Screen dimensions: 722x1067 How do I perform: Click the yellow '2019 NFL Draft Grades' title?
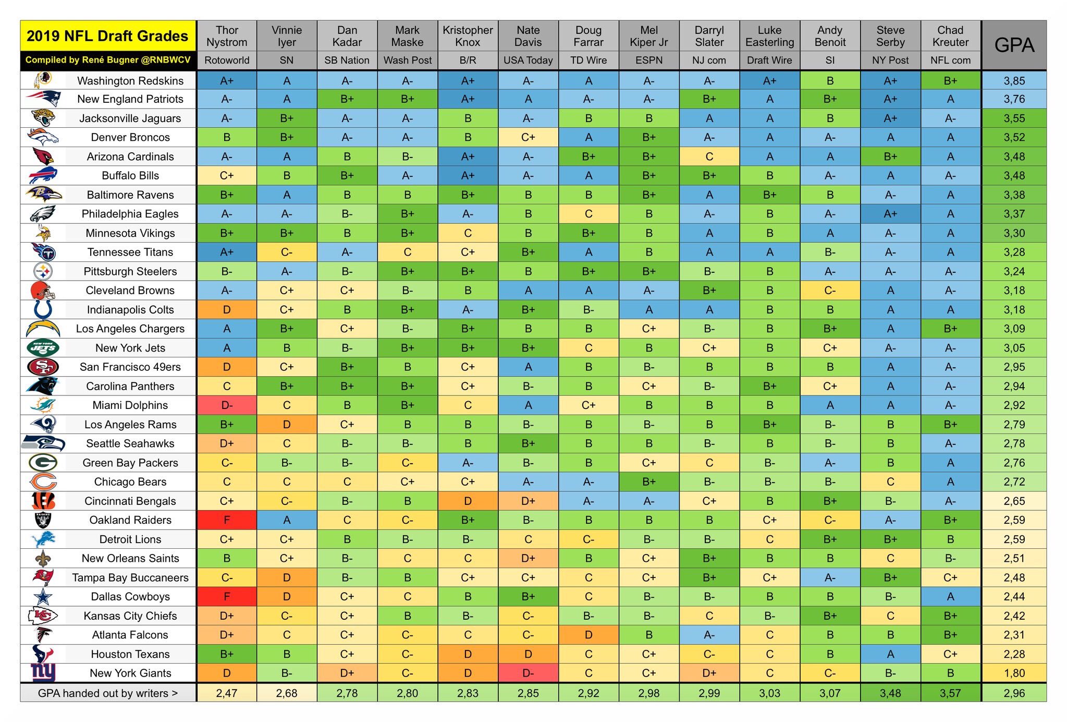tap(107, 36)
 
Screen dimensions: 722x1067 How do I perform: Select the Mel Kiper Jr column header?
tap(648, 36)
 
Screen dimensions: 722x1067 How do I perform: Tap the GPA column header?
tap(1013, 45)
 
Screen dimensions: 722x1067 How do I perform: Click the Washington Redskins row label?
tap(130, 80)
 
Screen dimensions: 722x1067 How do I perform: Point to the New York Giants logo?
tap(43, 672)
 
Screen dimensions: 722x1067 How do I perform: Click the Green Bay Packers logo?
tap(43, 462)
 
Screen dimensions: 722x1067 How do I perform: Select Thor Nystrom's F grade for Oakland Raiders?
tap(227, 520)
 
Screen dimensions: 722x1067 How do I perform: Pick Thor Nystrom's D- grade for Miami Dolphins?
tap(227, 405)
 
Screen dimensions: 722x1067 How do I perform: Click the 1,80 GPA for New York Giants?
tap(1014, 673)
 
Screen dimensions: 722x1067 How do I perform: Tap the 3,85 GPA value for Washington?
tap(1014, 80)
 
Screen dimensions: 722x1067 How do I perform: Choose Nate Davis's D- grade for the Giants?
tap(528, 673)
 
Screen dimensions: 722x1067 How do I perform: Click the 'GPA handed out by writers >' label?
tap(107, 693)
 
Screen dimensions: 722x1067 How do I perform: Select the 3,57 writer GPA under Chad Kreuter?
tap(950, 693)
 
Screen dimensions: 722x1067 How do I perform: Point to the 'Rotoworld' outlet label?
tap(227, 61)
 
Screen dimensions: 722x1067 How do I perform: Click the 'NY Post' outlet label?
tap(890, 61)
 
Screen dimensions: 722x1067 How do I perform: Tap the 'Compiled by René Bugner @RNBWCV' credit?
tap(107, 60)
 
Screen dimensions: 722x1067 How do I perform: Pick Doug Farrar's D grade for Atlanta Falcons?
tap(588, 634)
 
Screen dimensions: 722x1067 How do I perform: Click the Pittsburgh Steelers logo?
tap(43, 271)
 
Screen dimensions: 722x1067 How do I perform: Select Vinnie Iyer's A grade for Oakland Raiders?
tap(287, 520)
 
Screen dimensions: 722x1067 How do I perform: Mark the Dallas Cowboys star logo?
tap(43, 596)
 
